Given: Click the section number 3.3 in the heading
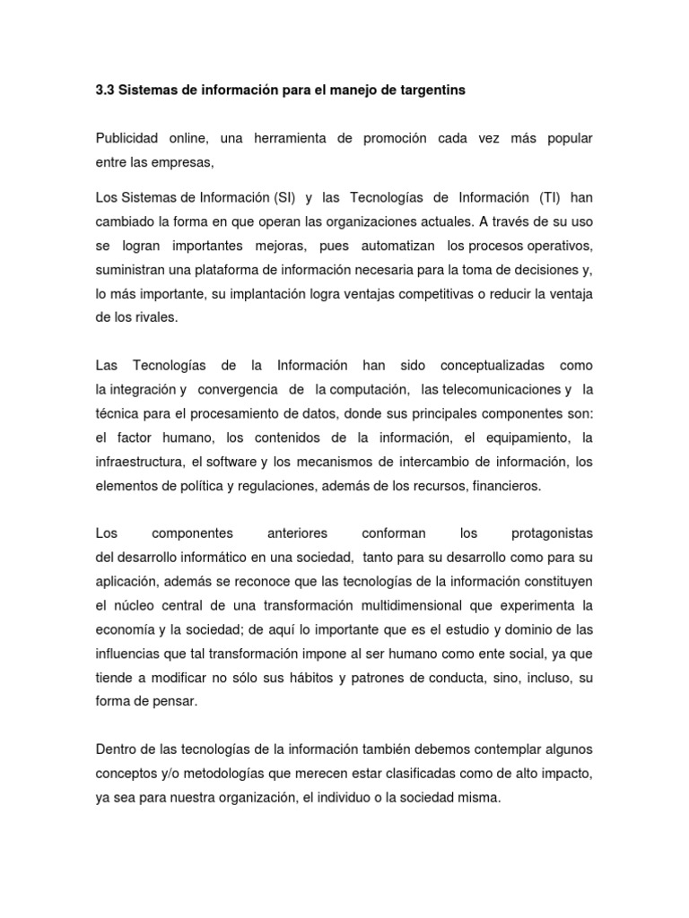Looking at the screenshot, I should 104,91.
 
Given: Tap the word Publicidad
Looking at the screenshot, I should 126,141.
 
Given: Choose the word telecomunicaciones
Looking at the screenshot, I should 492,389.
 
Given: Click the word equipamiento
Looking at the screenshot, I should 526,437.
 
